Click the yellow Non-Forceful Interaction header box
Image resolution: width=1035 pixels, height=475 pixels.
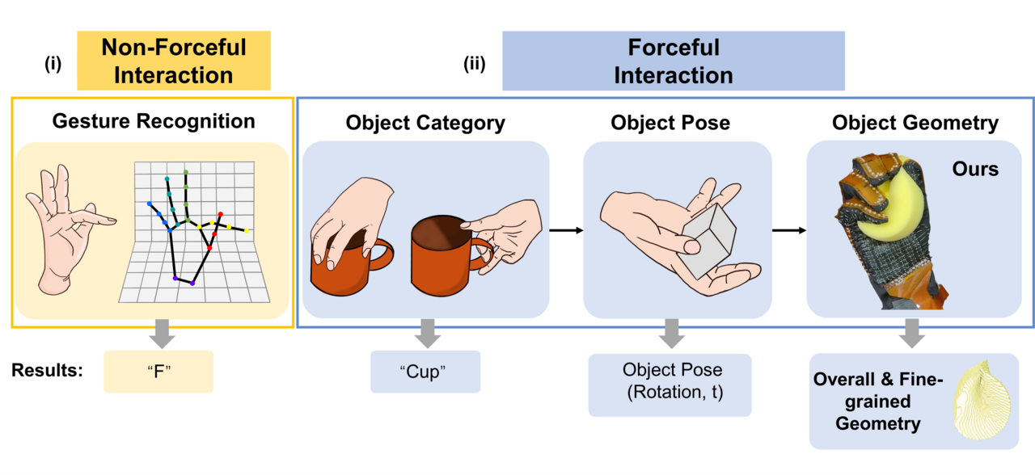pyautogui.click(x=173, y=61)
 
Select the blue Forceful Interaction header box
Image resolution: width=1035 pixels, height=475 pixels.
pyautogui.click(x=673, y=61)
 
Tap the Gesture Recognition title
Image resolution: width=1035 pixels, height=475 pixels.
pyautogui.click(x=154, y=121)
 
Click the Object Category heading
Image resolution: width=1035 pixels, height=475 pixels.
pyautogui.click(x=425, y=123)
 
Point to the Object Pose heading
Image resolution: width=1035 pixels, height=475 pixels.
pyautogui.click(x=670, y=123)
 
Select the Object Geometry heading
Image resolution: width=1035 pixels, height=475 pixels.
pyautogui.click(x=915, y=123)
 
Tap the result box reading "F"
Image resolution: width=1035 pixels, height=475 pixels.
pyautogui.click(x=158, y=372)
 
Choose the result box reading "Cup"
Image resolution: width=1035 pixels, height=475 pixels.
pyautogui.click(x=425, y=372)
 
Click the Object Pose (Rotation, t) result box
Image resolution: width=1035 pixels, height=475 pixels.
pyautogui.click(x=670, y=384)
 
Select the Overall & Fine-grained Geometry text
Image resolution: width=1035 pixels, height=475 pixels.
pyautogui.click(x=878, y=401)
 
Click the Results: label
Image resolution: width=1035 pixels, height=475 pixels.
pyautogui.click(x=47, y=371)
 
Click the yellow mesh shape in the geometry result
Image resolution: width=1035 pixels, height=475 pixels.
pyautogui.click(x=982, y=400)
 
